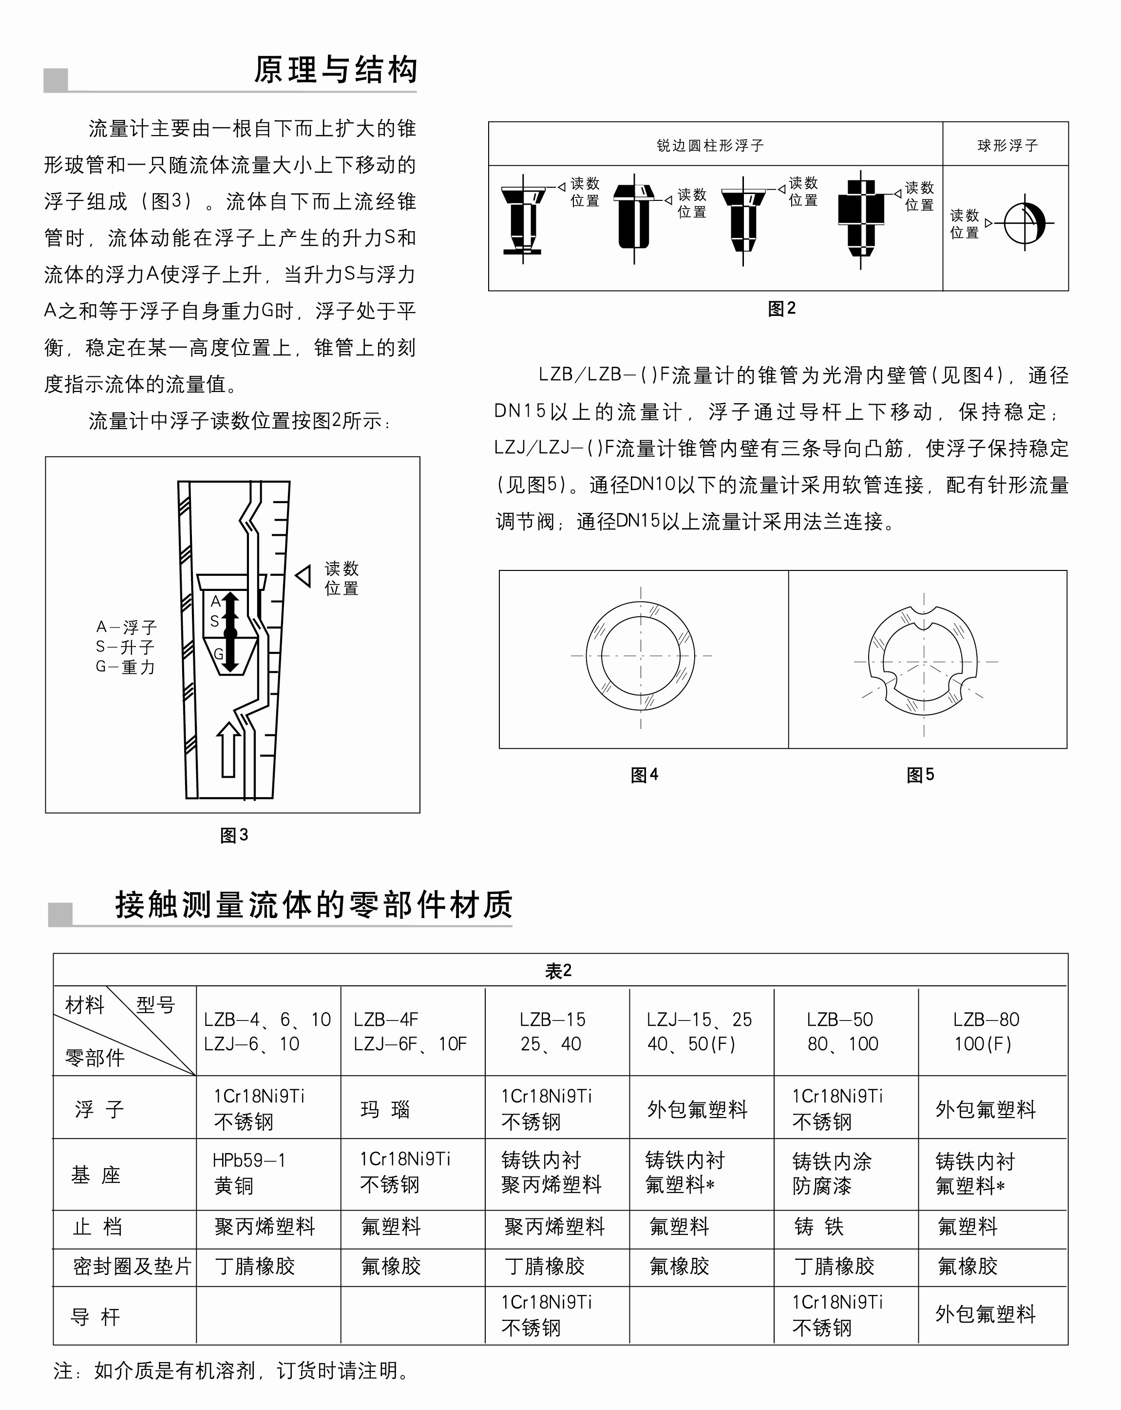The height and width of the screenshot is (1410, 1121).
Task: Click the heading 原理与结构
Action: (335, 70)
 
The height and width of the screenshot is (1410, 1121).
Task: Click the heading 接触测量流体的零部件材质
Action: (314, 905)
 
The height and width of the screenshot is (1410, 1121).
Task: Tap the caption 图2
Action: (782, 309)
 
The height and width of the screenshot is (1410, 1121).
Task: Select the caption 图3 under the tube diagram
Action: (234, 835)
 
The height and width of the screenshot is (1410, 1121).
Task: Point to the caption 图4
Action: (645, 775)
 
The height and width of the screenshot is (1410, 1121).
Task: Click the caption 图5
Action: (920, 775)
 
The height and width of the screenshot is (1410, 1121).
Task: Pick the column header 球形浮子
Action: (1007, 145)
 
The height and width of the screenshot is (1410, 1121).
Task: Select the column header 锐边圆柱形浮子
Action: (710, 145)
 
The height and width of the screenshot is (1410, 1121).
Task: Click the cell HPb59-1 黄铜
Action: (249, 1173)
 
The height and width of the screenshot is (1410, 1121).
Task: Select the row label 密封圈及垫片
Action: (132, 1267)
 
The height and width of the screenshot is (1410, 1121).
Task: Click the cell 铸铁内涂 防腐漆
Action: (832, 1173)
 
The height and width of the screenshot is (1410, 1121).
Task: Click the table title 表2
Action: (559, 971)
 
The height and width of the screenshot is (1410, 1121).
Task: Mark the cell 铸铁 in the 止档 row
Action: (819, 1227)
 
